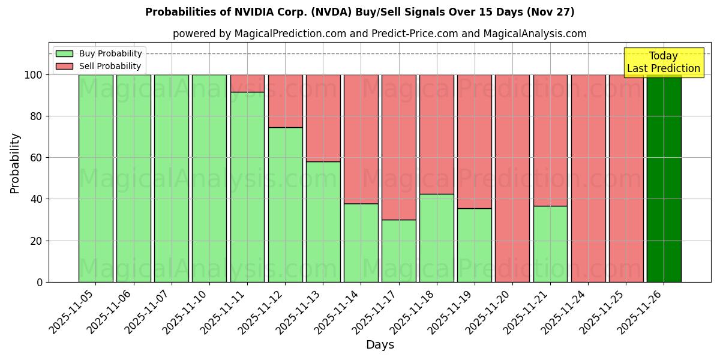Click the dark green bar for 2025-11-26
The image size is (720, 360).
pyautogui.click(x=664, y=178)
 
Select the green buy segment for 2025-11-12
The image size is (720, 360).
pyautogui.click(x=285, y=205)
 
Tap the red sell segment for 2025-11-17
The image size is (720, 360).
pyautogui.click(x=399, y=147)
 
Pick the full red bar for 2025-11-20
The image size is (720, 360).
pyautogui.click(x=512, y=178)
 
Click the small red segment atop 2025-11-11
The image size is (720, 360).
pyautogui.click(x=247, y=83)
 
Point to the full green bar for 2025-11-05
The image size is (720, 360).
pyautogui.click(x=95, y=178)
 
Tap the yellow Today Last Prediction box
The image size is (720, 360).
pyautogui.click(x=664, y=62)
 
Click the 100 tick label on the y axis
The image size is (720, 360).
pyautogui.click(x=34, y=75)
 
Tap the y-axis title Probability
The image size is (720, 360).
pyautogui.click(x=15, y=163)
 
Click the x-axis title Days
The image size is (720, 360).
pyautogui.click(x=380, y=345)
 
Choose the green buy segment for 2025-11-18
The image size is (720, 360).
pyautogui.click(x=437, y=238)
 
